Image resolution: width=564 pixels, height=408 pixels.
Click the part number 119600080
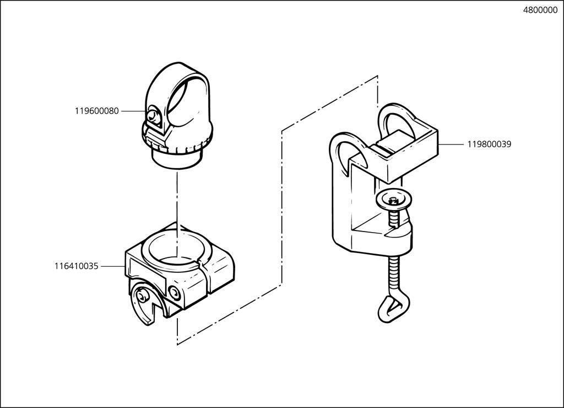pyautogui.click(x=96, y=111)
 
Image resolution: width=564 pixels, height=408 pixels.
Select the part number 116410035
pyautogui.click(x=76, y=266)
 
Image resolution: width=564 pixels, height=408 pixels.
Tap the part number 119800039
pyautogui.click(x=489, y=144)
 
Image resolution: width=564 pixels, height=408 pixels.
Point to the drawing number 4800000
pyautogui.click(x=540, y=10)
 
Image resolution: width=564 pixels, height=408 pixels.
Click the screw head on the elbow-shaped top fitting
pyautogui.click(x=154, y=115)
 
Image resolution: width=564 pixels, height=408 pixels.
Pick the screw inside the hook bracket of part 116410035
pyautogui.click(x=142, y=297)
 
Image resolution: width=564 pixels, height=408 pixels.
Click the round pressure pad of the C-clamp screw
pyautogui.click(x=394, y=200)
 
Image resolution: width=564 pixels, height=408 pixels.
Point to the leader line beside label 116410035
pyautogui.click(x=113, y=266)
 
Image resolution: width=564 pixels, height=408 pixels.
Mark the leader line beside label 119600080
pyautogui.click(x=134, y=111)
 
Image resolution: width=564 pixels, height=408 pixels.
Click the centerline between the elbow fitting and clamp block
pyautogui.click(x=177, y=214)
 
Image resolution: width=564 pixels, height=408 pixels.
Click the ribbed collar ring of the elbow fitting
pyautogui.click(x=177, y=144)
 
